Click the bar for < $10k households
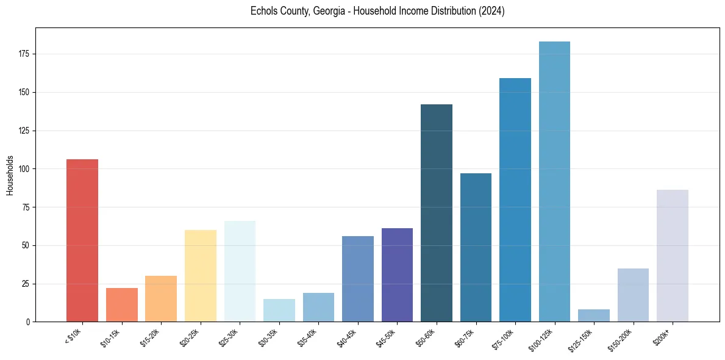coord(82,240)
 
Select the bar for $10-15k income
coord(121,305)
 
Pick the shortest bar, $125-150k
coord(594,315)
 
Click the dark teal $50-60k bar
coord(437,213)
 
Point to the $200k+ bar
coord(673,256)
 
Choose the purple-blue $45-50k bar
coord(397,275)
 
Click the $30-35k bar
coord(279,310)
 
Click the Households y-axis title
coord(10,175)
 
